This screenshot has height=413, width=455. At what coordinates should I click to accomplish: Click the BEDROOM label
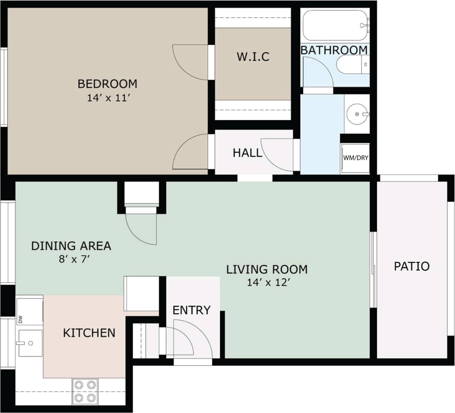coord(107,84)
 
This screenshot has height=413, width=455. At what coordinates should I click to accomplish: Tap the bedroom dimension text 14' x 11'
coord(108,98)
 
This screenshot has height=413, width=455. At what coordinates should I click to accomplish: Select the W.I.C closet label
coord(253,57)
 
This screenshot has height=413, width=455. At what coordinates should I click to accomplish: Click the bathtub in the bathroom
coord(335,25)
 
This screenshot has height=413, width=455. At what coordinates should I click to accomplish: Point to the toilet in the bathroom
coord(353,65)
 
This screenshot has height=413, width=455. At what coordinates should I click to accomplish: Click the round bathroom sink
coord(357,114)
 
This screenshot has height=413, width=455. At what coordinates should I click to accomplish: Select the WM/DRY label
coord(355,158)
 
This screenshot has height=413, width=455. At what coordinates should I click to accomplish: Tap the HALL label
coord(247,153)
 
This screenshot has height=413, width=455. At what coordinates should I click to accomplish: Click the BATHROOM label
coord(334,50)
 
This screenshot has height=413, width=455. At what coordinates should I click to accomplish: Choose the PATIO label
coord(412,266)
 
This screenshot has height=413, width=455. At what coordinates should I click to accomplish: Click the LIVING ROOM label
coord(267,270)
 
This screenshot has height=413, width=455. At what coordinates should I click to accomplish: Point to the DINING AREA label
coord(71,246)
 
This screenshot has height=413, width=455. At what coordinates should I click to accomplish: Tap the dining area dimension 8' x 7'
coord(71,259)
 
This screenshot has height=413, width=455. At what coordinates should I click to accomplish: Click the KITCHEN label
coord(89,333)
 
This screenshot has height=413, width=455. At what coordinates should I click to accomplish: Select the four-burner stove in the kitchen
coord(85,391)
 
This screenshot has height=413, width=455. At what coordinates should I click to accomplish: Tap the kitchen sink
coord(30,343)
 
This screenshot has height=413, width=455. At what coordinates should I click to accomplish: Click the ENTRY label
coord(191,310)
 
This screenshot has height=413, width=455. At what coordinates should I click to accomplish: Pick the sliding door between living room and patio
coord(373,270)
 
